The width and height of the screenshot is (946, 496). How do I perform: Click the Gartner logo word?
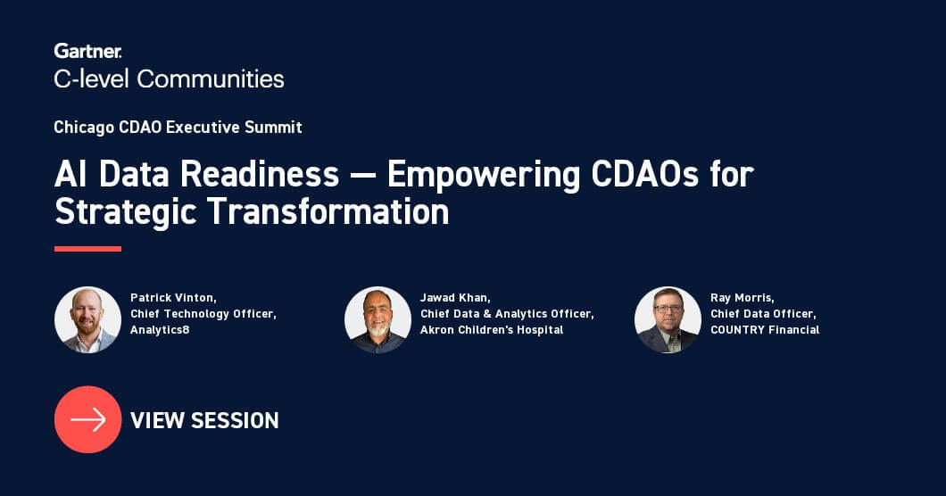tap(88, 51)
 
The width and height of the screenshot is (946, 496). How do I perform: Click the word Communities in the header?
tap(211, 79)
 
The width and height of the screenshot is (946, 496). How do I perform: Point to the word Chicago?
tap(84, 128)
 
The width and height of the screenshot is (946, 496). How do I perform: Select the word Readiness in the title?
tap(260, 174)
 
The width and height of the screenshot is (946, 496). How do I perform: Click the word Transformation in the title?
tap(328, 211)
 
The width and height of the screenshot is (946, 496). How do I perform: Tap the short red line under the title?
tap(87, 249)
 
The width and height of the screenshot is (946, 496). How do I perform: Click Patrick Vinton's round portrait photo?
tap(88, 319)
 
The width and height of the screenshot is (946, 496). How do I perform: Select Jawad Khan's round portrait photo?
tap(378, 319)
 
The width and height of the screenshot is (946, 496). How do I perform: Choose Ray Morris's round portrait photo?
tap(668, 319)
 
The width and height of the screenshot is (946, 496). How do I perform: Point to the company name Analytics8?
tap(160, 330)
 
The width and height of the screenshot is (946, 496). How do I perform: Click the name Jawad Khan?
tap(455, 298)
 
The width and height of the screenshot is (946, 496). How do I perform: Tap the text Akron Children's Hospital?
tap(492, 330)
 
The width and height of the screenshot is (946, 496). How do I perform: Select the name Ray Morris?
tap(743, 298)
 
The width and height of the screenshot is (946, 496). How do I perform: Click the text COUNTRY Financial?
tap(765, 330)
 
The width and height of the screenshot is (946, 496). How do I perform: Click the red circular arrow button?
tap(88, 419)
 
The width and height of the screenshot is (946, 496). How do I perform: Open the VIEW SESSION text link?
tap(204, 420)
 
